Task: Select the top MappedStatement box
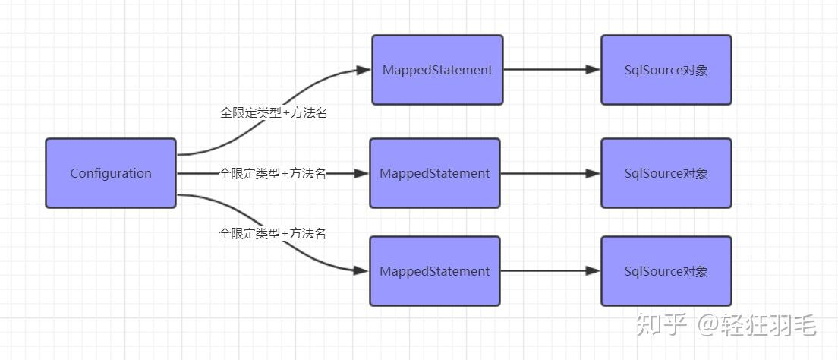(437, 70)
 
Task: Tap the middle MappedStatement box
(435, 173)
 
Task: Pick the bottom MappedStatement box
(435, 271)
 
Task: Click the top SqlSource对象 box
(666, 70)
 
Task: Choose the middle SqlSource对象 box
(666, 173)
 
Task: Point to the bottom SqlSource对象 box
(666, 271)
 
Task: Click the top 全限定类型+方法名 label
(273, 112)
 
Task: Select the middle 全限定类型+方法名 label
(273, 174)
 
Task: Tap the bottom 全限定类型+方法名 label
(273, 234)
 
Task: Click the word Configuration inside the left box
(111, 173)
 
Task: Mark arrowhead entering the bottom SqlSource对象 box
(593, 270)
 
